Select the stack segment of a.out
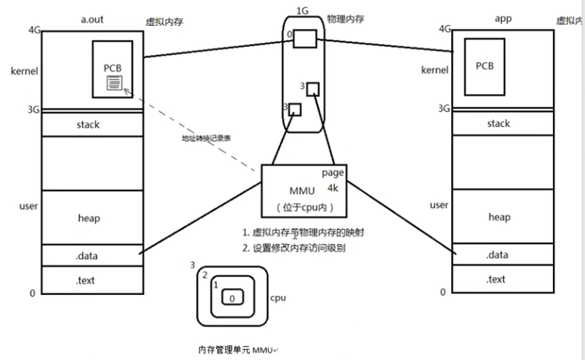point(88,124)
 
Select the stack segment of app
point(498,124)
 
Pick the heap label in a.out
point(88,218)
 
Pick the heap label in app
point(499,217)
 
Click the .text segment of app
point(497,279)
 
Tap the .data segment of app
point(497,255)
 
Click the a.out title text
point(92,16)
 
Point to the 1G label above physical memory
point(303,10)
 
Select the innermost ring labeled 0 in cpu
point(231,298)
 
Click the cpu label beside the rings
point(278,299)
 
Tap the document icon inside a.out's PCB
point(114,82)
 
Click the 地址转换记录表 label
point(206,138)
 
